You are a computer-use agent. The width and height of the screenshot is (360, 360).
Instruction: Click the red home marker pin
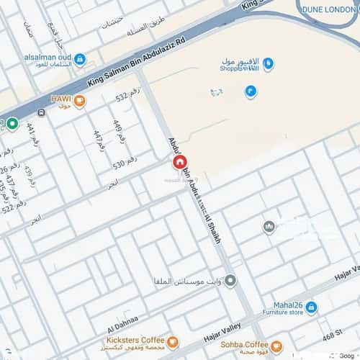[x=179, y=163]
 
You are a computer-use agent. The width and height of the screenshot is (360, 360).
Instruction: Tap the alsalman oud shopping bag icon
[x=81, y=59]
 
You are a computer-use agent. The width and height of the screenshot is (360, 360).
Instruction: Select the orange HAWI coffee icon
[x=79, y=102]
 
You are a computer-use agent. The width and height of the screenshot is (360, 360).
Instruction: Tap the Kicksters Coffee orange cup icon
[x=173, y=341]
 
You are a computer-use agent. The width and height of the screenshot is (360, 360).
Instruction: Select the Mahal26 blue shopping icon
[x=311, y=307]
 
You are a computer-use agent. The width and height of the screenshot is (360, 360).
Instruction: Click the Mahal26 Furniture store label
[x=280, y=308]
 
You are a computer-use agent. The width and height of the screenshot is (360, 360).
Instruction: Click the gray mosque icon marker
[x=269, y=228]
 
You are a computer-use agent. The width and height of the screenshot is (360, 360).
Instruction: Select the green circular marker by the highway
[x=12, y=124]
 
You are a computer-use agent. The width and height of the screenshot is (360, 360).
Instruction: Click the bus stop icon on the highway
[x=41, y=113]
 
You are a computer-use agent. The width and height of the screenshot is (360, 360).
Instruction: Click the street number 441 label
[x=30, y=131]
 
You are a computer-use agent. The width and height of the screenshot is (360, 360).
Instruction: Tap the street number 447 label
[x=99, y=139]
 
